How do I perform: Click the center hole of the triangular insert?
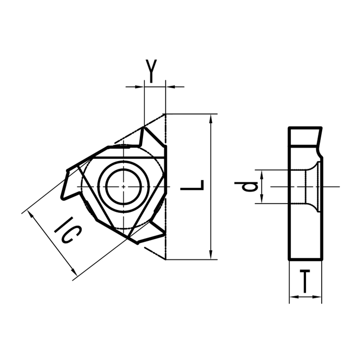123,186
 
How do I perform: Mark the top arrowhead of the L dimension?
211,117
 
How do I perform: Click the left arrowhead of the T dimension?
293,297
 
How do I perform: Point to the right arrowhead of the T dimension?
318,297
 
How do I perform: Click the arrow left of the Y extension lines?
139,86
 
